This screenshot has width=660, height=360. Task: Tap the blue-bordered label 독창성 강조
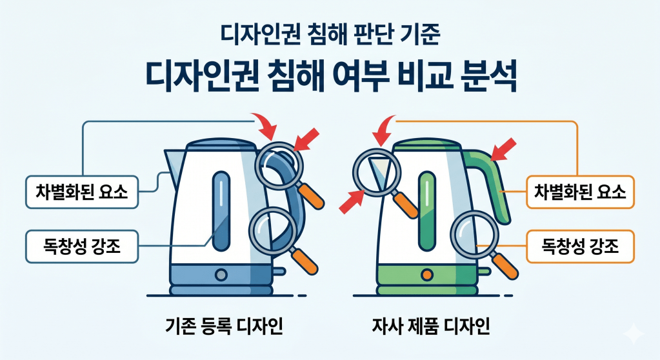(82, 245)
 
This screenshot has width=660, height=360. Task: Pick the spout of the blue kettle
(173, 162)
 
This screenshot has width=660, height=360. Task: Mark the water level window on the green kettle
(426, 203)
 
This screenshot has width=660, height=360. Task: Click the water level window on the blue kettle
(220, 203)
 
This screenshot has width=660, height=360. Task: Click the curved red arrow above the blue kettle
(264, 126)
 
